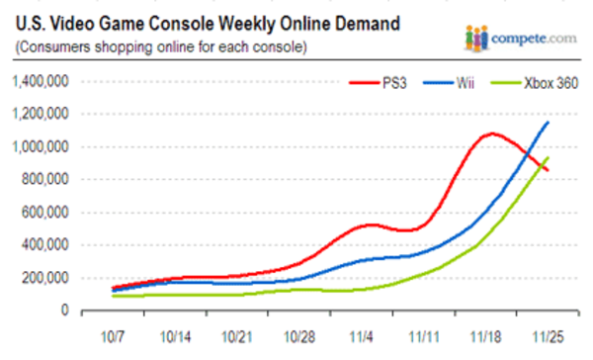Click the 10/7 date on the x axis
[116, 336]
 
